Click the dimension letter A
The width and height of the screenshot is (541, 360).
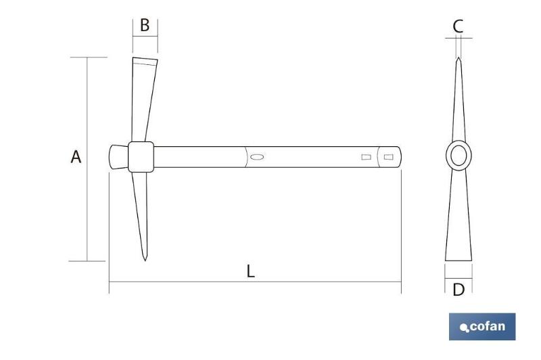point(76,156)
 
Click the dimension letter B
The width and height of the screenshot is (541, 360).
point(145,25)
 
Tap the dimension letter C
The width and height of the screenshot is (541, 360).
point(458,26)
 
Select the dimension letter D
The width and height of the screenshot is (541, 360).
point(458,290)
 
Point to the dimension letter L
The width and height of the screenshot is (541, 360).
point(250,271)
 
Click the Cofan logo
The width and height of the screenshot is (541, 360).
point(482,327)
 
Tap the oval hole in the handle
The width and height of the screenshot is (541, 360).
point(257,157)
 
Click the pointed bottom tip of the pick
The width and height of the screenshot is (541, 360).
point(145,261)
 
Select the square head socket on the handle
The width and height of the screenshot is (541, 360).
point(141,157)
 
